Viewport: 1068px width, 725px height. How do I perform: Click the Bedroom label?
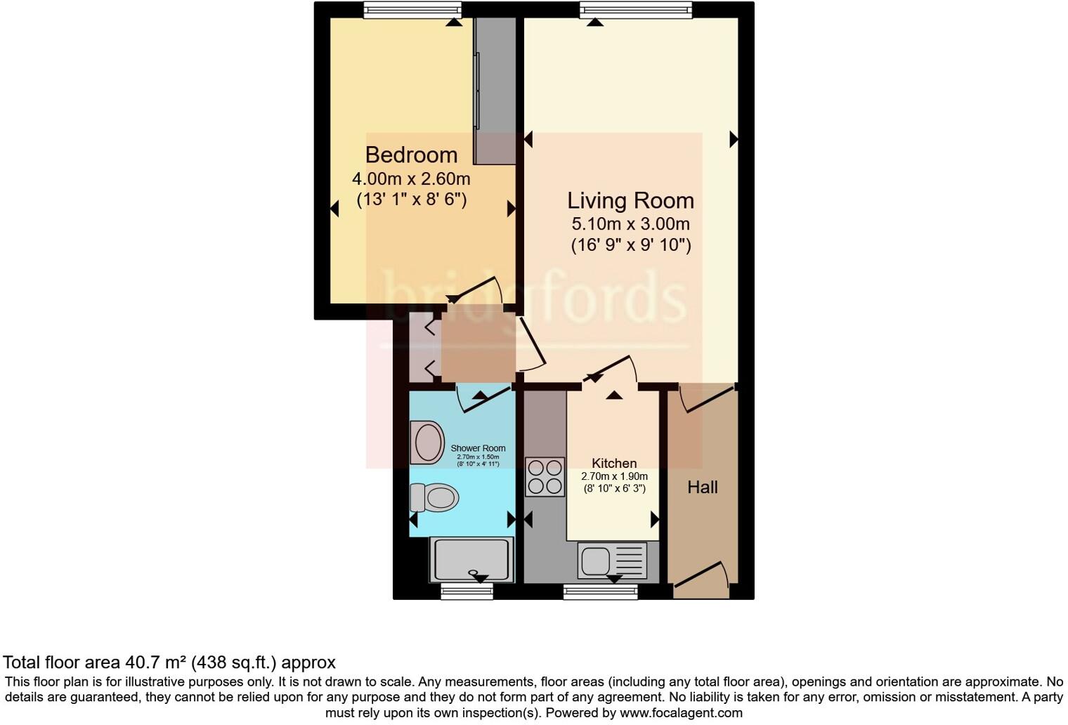pos(411,155)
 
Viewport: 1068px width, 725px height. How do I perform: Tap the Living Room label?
pos(630,200)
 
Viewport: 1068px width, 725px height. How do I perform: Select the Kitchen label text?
pos(614,463)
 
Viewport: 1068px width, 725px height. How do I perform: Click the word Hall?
pos(702,487)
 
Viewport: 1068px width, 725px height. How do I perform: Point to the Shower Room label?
pos(478,448)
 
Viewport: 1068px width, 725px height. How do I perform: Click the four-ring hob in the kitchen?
pos(545,477)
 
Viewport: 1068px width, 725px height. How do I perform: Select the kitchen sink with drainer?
pos(612,561)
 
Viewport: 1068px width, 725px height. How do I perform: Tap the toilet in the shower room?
pos(435,497)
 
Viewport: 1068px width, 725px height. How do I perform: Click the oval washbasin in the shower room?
pos(426,443)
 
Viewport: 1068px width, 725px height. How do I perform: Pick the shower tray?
pos(471,559)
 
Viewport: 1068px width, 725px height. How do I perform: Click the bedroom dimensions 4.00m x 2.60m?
pos(411,178)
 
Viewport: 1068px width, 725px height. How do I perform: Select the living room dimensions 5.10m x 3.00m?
pos(630,224)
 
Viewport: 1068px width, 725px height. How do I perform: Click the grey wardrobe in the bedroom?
pos(495,91)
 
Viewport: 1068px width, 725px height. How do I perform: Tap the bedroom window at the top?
pos(412,10)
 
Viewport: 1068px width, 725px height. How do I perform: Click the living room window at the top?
pos(636,10)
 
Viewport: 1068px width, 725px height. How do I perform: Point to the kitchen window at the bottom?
pos(601,592)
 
